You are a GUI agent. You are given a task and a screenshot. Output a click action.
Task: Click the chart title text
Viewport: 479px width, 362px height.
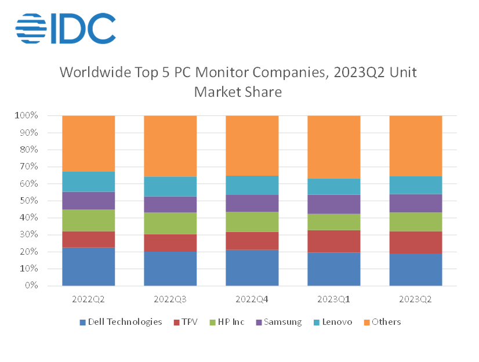238,82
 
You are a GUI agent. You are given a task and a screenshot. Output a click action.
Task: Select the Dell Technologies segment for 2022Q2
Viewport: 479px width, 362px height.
88,266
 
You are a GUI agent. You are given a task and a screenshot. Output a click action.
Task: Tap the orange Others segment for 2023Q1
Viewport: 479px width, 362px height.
333,147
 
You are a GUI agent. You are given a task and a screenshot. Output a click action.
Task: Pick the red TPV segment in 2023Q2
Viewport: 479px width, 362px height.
415,242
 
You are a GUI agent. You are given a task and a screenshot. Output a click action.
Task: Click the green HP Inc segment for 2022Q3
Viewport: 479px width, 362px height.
170,223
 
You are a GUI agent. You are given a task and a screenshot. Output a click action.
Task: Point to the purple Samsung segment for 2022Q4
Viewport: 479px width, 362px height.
252,203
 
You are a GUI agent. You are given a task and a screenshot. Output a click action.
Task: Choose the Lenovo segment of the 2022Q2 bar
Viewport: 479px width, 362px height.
88,182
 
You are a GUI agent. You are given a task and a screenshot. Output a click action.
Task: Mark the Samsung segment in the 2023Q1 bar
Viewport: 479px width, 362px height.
333,204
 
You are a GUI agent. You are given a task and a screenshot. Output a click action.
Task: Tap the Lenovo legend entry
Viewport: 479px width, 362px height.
331,322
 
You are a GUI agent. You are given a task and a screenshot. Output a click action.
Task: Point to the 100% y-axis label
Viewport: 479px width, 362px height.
26,116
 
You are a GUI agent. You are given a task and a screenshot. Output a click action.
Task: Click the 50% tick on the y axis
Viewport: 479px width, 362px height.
27,201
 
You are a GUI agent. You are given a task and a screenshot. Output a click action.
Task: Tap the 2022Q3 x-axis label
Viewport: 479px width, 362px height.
170,300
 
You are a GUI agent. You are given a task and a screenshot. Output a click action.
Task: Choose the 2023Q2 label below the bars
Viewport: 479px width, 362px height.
415,300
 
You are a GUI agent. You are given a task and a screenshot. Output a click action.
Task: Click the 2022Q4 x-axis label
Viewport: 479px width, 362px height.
252,300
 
